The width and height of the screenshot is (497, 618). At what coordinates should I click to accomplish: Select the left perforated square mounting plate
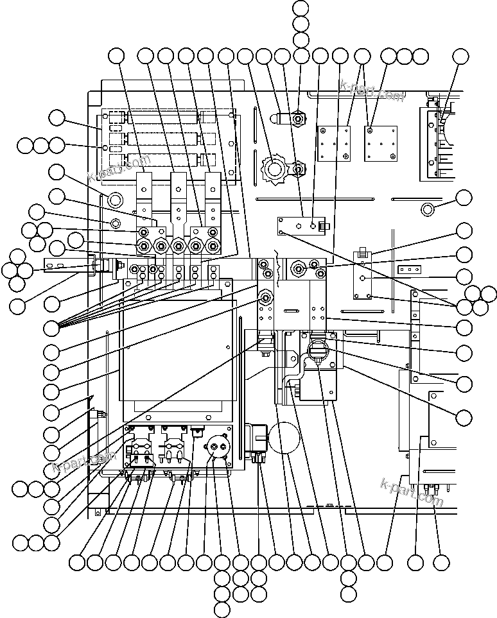335,143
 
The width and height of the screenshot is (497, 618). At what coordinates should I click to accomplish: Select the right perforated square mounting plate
378,142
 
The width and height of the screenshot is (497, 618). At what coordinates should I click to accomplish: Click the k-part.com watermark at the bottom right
412,492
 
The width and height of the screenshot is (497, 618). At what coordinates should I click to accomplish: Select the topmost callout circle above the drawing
301,8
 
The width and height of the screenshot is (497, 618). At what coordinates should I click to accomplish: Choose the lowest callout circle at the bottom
222,609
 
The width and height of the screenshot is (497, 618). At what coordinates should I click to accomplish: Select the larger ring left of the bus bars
116,198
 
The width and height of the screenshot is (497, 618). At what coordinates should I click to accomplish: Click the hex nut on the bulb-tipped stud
297,119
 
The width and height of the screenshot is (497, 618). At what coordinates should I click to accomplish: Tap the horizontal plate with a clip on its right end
302,226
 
